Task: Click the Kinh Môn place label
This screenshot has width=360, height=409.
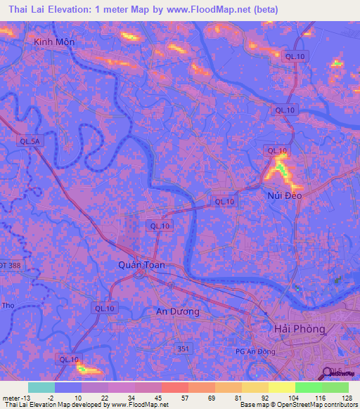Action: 54,42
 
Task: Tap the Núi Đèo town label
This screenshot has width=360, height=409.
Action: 284,195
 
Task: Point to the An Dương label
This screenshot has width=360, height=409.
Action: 178,311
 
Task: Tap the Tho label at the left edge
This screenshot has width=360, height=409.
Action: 8,306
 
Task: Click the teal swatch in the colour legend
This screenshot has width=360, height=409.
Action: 41,387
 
